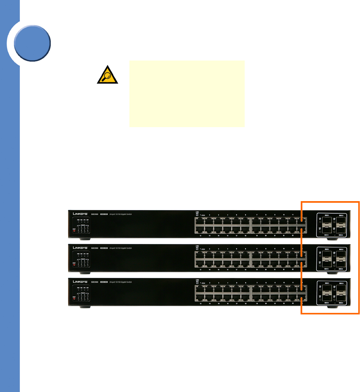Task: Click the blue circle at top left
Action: click(x=32, y=43)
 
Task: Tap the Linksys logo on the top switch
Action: click(x=80, y=214)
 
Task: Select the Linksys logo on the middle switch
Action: click(x=80, y=248)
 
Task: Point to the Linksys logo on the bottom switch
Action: click(x=80, y=282)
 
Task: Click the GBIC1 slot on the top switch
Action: click(x=327, y=220)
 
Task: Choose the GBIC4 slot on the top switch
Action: click(x=340, y=230)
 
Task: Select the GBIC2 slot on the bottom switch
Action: click(x=327, y=298)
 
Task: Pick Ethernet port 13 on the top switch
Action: click(x=200, y=230)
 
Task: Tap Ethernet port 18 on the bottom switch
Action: click(x=245, y=298)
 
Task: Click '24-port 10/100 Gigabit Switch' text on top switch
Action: click(x=120, y=214)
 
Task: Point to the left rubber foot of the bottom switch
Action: click(x=85, y=307)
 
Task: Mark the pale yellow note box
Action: click(x=187, y=94)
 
